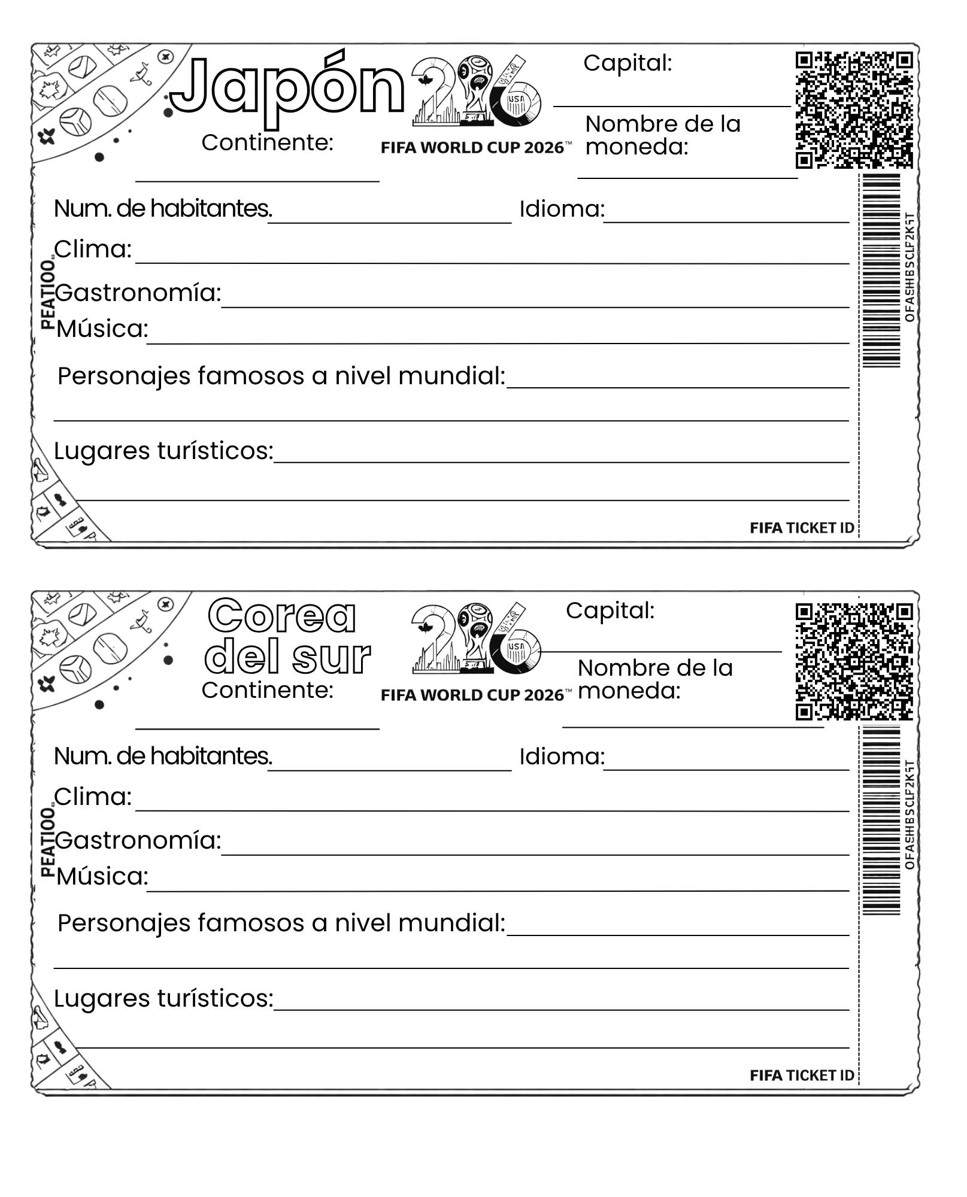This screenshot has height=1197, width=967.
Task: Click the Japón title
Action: [x=287, y=90]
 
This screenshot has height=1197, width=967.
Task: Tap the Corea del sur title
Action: [x=287, y=637]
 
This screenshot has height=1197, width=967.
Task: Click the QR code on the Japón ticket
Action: [x=854, y=110]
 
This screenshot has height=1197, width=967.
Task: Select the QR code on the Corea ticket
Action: [x=854, y=661]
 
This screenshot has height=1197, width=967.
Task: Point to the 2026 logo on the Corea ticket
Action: [x=476, y=639]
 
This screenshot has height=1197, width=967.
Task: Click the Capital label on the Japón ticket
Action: [x=628, y=63]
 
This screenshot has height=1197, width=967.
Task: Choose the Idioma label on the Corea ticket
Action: [x=562, y=757]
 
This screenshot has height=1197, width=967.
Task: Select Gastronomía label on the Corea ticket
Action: [x=138, y=840]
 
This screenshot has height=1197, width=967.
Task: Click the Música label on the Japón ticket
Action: [x=102, y=329]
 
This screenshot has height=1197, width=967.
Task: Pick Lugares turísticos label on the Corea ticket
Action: [x=163, y=998]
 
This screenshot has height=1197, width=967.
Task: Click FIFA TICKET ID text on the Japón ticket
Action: [x=802, y=528]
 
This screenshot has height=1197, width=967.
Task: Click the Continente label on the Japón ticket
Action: [x=267, y=142]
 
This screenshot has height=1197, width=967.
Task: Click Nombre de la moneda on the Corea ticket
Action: [x=654, y=679]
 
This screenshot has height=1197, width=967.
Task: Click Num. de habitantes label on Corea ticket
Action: [x=162, y=757]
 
